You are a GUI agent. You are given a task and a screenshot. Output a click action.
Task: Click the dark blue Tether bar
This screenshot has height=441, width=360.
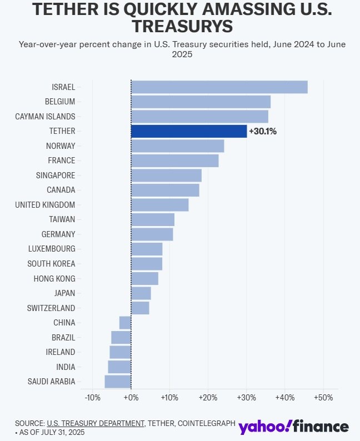(189, 131)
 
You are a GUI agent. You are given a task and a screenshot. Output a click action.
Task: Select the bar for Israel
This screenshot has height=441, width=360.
(219, 87)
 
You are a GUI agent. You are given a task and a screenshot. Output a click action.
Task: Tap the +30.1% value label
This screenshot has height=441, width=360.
(263, 132)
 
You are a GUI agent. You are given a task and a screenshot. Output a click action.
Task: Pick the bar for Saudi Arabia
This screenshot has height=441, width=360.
(118, 382)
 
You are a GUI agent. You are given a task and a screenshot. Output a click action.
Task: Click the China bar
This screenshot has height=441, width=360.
(125, 323)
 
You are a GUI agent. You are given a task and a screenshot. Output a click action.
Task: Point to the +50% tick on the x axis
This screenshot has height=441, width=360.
(323, 398)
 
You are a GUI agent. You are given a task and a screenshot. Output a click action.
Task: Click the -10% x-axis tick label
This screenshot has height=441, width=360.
(92, 398)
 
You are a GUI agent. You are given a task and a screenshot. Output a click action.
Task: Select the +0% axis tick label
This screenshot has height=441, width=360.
(131, 398)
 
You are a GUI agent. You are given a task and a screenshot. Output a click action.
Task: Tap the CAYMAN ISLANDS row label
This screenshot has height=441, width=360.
(45, 117)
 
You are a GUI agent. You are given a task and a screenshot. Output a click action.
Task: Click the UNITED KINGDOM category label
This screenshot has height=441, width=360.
(45, 205)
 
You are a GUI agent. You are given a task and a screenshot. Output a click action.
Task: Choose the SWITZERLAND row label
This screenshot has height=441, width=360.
(51, 308)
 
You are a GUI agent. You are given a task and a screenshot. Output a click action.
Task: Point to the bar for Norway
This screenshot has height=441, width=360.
(177, 146)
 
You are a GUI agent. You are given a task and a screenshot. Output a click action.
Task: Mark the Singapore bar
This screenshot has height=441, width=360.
(166, 176)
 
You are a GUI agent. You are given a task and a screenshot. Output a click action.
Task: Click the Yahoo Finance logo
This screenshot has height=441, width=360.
(294, 427)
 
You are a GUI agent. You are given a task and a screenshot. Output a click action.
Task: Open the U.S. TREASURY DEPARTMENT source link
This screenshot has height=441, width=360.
(95, 423)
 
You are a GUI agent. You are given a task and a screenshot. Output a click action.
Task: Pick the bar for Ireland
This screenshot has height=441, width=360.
(120, 352)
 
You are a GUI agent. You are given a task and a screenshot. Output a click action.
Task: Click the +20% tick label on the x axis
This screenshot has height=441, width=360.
(208, 398)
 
